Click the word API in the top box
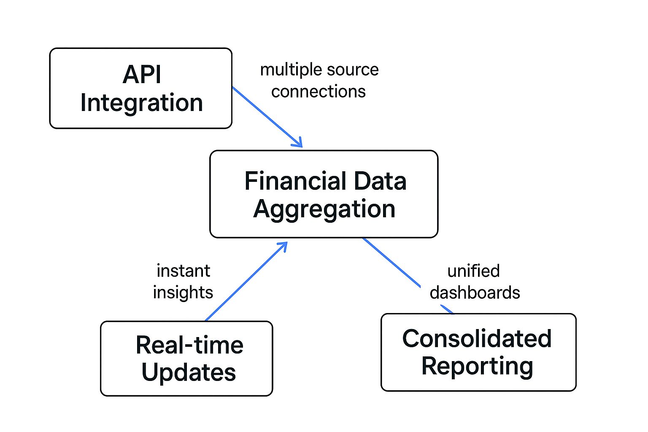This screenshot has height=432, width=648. [142, 75]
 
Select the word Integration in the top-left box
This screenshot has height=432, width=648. [141, 103]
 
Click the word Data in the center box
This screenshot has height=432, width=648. [380, 181]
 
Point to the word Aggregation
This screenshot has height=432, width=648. [324, 209]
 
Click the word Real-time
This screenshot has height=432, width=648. [189, 345]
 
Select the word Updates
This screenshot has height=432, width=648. [188, 373]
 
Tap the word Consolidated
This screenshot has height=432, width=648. [477, 338]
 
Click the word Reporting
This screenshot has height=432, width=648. [477, 366]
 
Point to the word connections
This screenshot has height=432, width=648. [318, 92]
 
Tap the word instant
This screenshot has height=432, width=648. [183, 271]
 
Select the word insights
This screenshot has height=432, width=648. [183, 292]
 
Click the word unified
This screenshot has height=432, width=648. [473, 271]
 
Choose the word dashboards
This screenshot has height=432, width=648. [475, 292]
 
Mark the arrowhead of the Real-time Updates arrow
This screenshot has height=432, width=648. [283, 246]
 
